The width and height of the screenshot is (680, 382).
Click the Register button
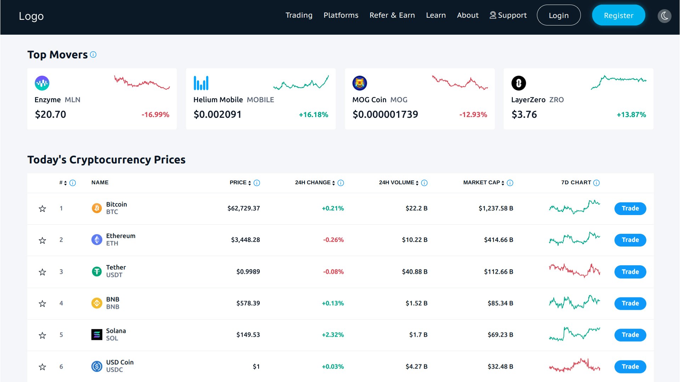[618, 15]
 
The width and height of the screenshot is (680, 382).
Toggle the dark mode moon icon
[664, 16]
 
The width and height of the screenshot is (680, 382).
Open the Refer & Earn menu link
[392, 15]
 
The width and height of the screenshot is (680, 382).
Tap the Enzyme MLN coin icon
[42, 83]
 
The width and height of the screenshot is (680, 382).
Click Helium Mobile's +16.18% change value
[313, 115]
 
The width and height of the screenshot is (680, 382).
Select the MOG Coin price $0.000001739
[385, 114]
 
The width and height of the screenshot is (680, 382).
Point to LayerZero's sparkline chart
[618, 82]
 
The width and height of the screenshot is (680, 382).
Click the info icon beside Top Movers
[93, 54]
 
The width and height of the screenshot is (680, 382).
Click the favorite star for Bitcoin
[42, 209]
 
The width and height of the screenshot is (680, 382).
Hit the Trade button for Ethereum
[630, 240]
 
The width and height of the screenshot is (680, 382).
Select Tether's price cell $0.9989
[248, 272]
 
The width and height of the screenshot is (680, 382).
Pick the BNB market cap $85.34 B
[500, 303]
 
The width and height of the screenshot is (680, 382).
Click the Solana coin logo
[97, 335]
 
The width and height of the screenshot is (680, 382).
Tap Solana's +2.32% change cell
[333, 335]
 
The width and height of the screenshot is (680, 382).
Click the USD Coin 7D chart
[574, 365]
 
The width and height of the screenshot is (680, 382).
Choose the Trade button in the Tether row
[630, 272]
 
